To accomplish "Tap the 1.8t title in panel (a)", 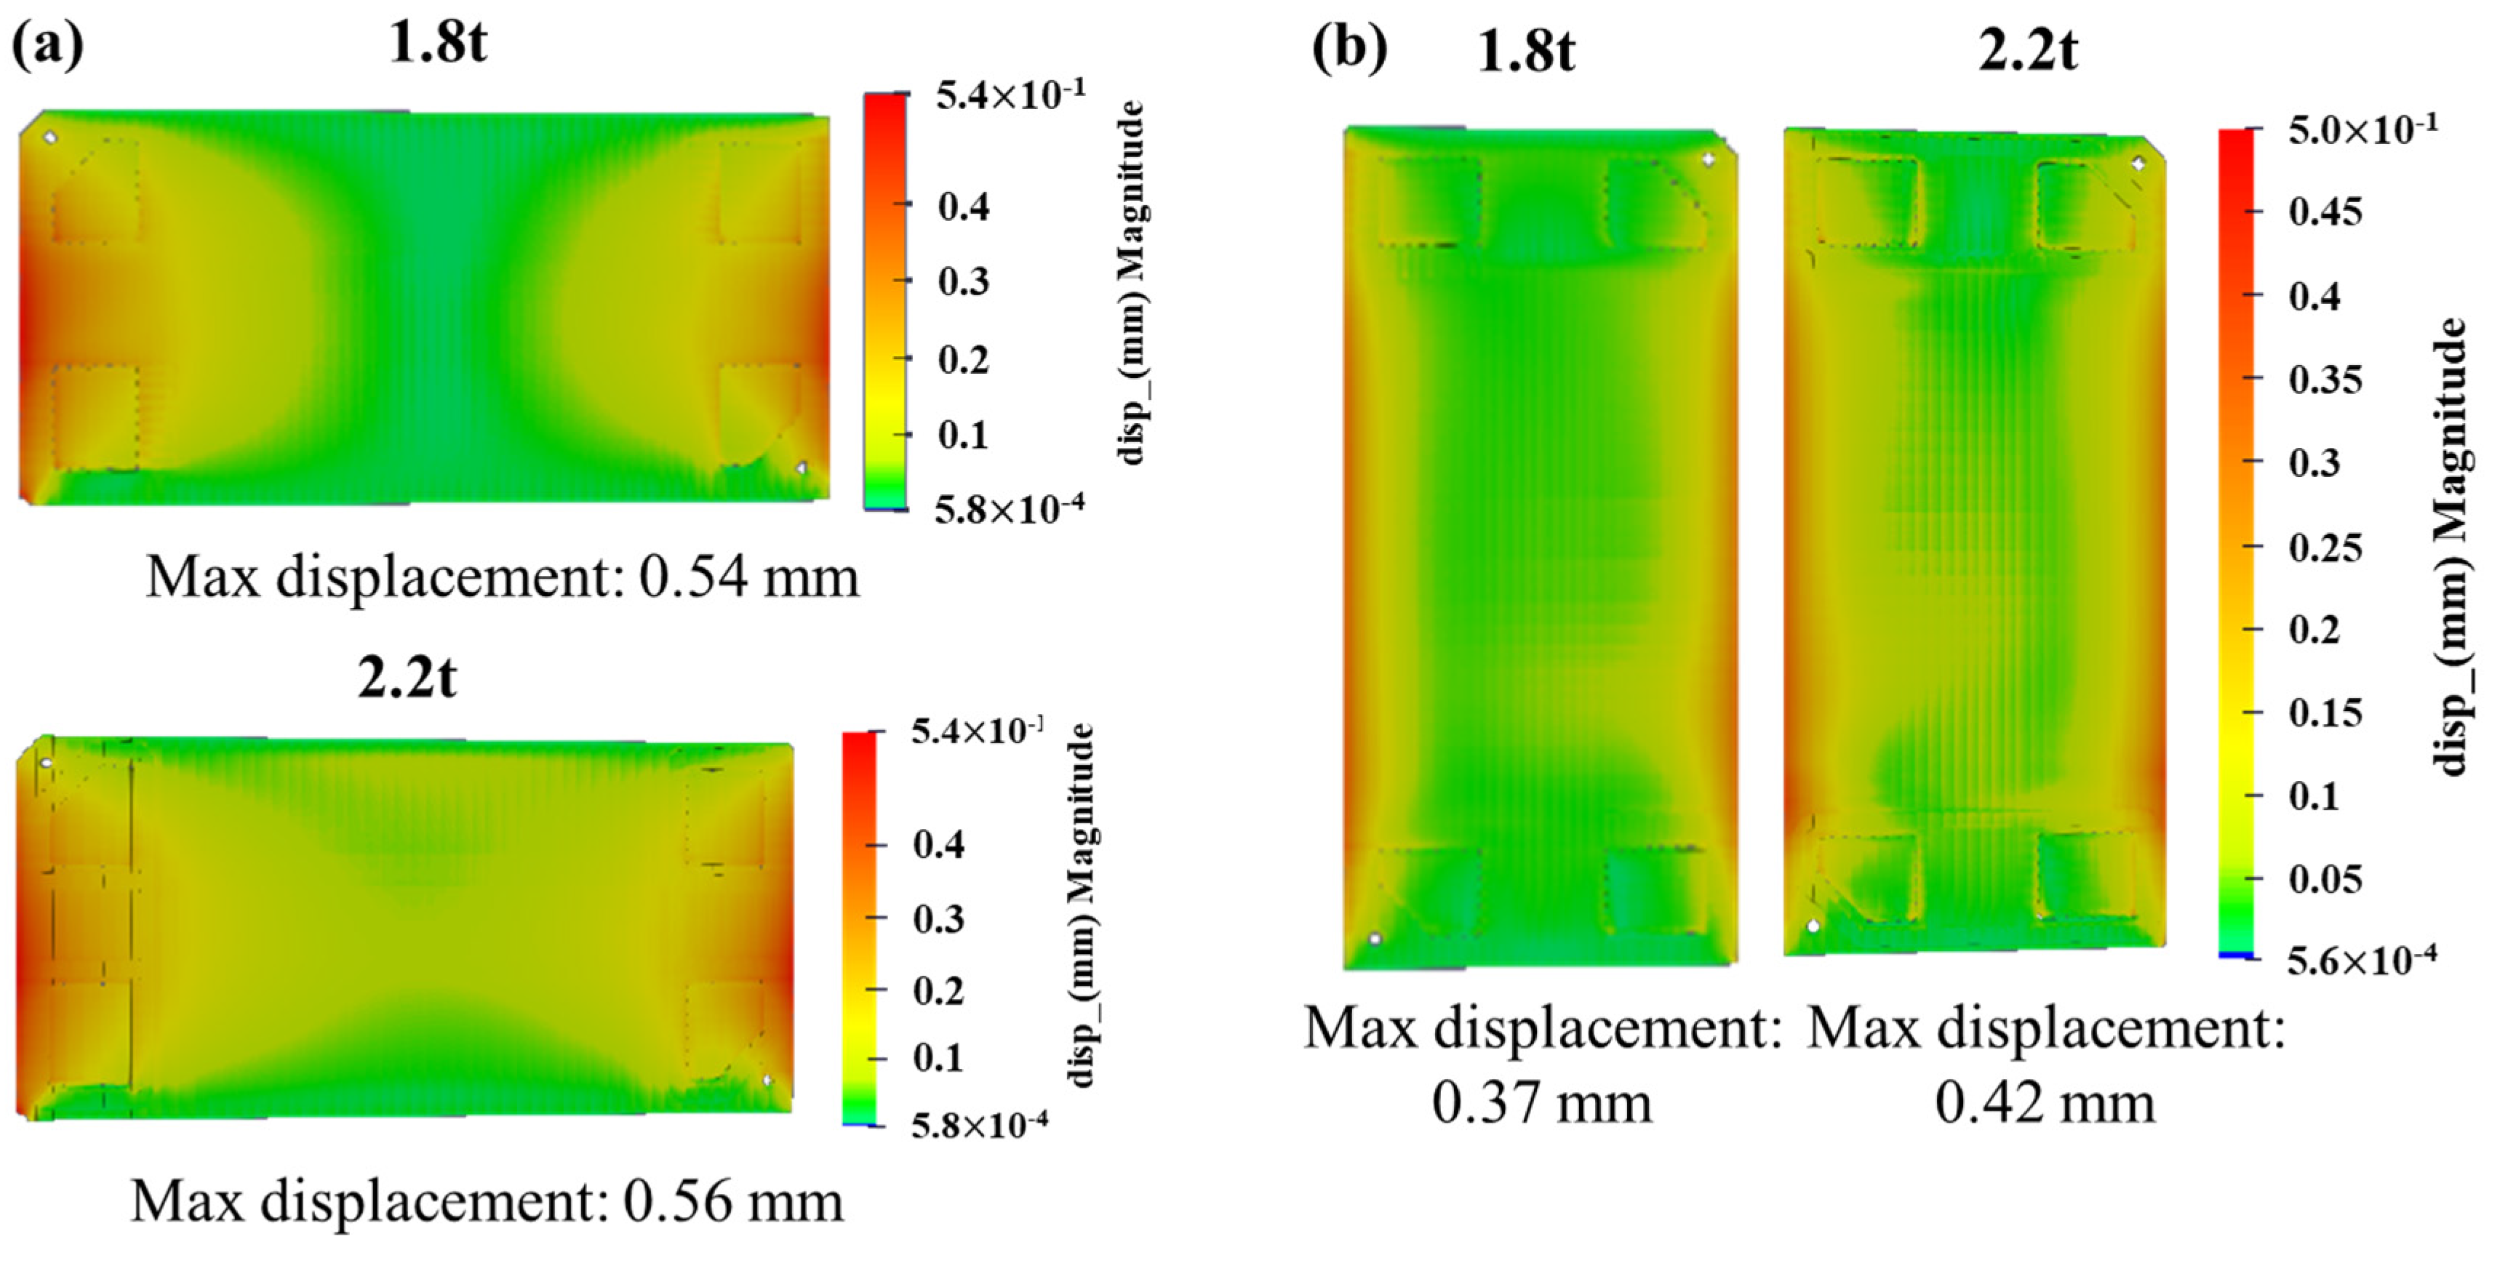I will (x=437, y=43).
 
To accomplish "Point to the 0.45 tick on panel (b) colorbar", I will (x=2325, y=212).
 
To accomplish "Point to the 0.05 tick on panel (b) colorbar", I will (x=2325, y=879).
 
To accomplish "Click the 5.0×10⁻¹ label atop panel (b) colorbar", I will (x=2361, y=129).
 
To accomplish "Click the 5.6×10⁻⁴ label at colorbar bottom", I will (x=2361, y=961).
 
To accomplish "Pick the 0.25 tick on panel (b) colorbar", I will (x=2325, y=547).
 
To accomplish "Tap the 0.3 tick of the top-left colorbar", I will (x=962, y=281).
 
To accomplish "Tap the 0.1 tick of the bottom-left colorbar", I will (x=938, y=1057).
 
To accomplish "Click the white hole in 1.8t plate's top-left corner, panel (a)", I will (x=50, y=137).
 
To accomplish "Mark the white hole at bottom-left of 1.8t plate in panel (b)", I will (x=1375, y=938).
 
